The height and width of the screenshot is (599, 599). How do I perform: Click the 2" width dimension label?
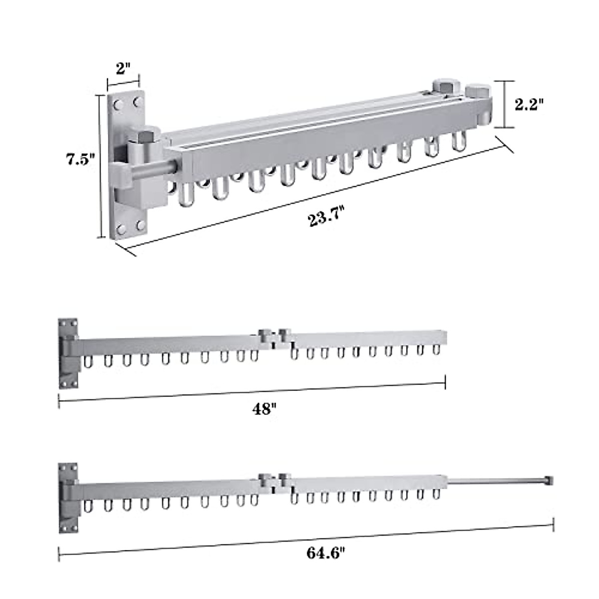click(123, 68)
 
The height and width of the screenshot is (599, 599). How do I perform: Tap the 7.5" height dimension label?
click(80, 159)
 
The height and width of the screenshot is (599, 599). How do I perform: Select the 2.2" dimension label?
click(529, 104)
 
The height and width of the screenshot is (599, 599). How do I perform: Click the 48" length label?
click(264, 409)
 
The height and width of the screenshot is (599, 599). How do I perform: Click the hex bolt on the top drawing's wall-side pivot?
click(145, 136)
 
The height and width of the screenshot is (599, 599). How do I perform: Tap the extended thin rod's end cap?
click(549, 489)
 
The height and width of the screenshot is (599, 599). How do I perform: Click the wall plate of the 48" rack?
click(68, 353)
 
